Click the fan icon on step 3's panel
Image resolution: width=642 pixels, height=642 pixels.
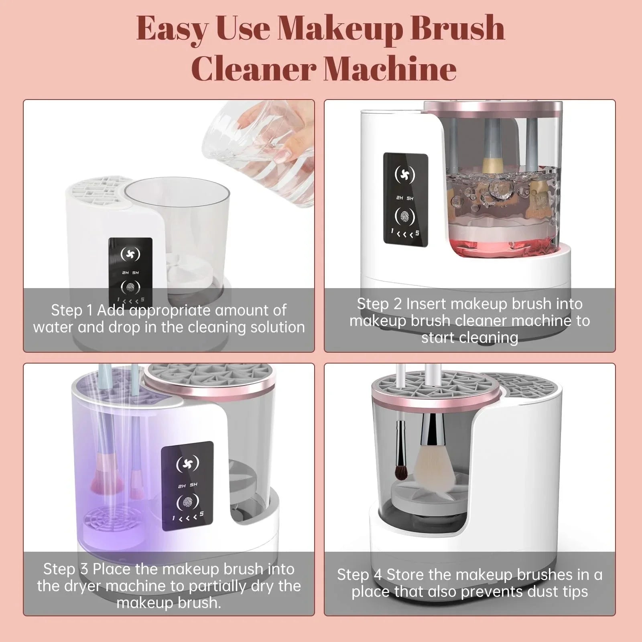coord(187,463)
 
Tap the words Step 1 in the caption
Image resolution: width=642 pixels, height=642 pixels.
coord(72,310)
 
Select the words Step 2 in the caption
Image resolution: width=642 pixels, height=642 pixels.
coord(379,304)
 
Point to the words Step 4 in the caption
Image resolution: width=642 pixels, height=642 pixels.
coord(360,575)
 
